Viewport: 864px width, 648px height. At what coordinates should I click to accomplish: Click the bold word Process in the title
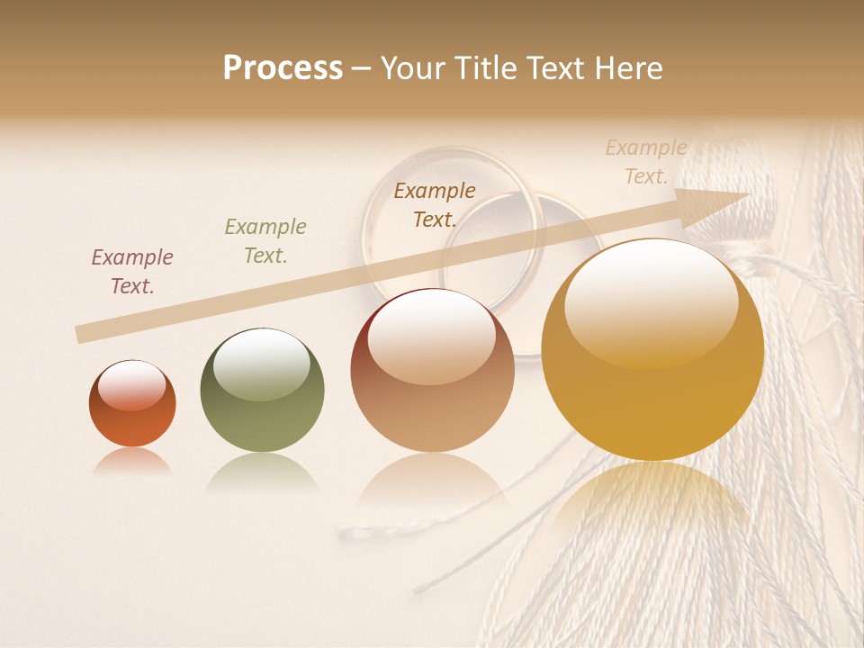click(x=283, y=68)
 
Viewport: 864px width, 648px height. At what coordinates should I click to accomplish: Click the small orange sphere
click(x=132, y=404)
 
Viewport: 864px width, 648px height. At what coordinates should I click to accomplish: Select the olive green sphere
click(x=262, y=390)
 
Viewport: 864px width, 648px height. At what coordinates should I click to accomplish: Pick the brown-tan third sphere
click(x=432, y=371)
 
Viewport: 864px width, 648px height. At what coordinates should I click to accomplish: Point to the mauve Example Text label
click(x=132, y=272)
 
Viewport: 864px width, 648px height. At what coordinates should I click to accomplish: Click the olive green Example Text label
click(x=265, y=241)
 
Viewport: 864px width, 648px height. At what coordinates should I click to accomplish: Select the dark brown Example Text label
click(x=435, y=204)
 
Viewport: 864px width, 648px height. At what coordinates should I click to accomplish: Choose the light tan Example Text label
click(x=646, y=162)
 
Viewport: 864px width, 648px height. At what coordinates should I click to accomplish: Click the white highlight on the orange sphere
click(x=131, y=384)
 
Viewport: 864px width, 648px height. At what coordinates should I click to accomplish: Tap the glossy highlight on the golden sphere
click(x=651, y=301)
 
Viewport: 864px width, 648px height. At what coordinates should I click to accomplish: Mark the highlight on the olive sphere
click(x=261, y=363)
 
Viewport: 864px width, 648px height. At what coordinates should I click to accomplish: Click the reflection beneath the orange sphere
click(x=132, y=461)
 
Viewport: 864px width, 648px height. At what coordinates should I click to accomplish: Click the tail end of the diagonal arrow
click(x=81, y=335)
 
